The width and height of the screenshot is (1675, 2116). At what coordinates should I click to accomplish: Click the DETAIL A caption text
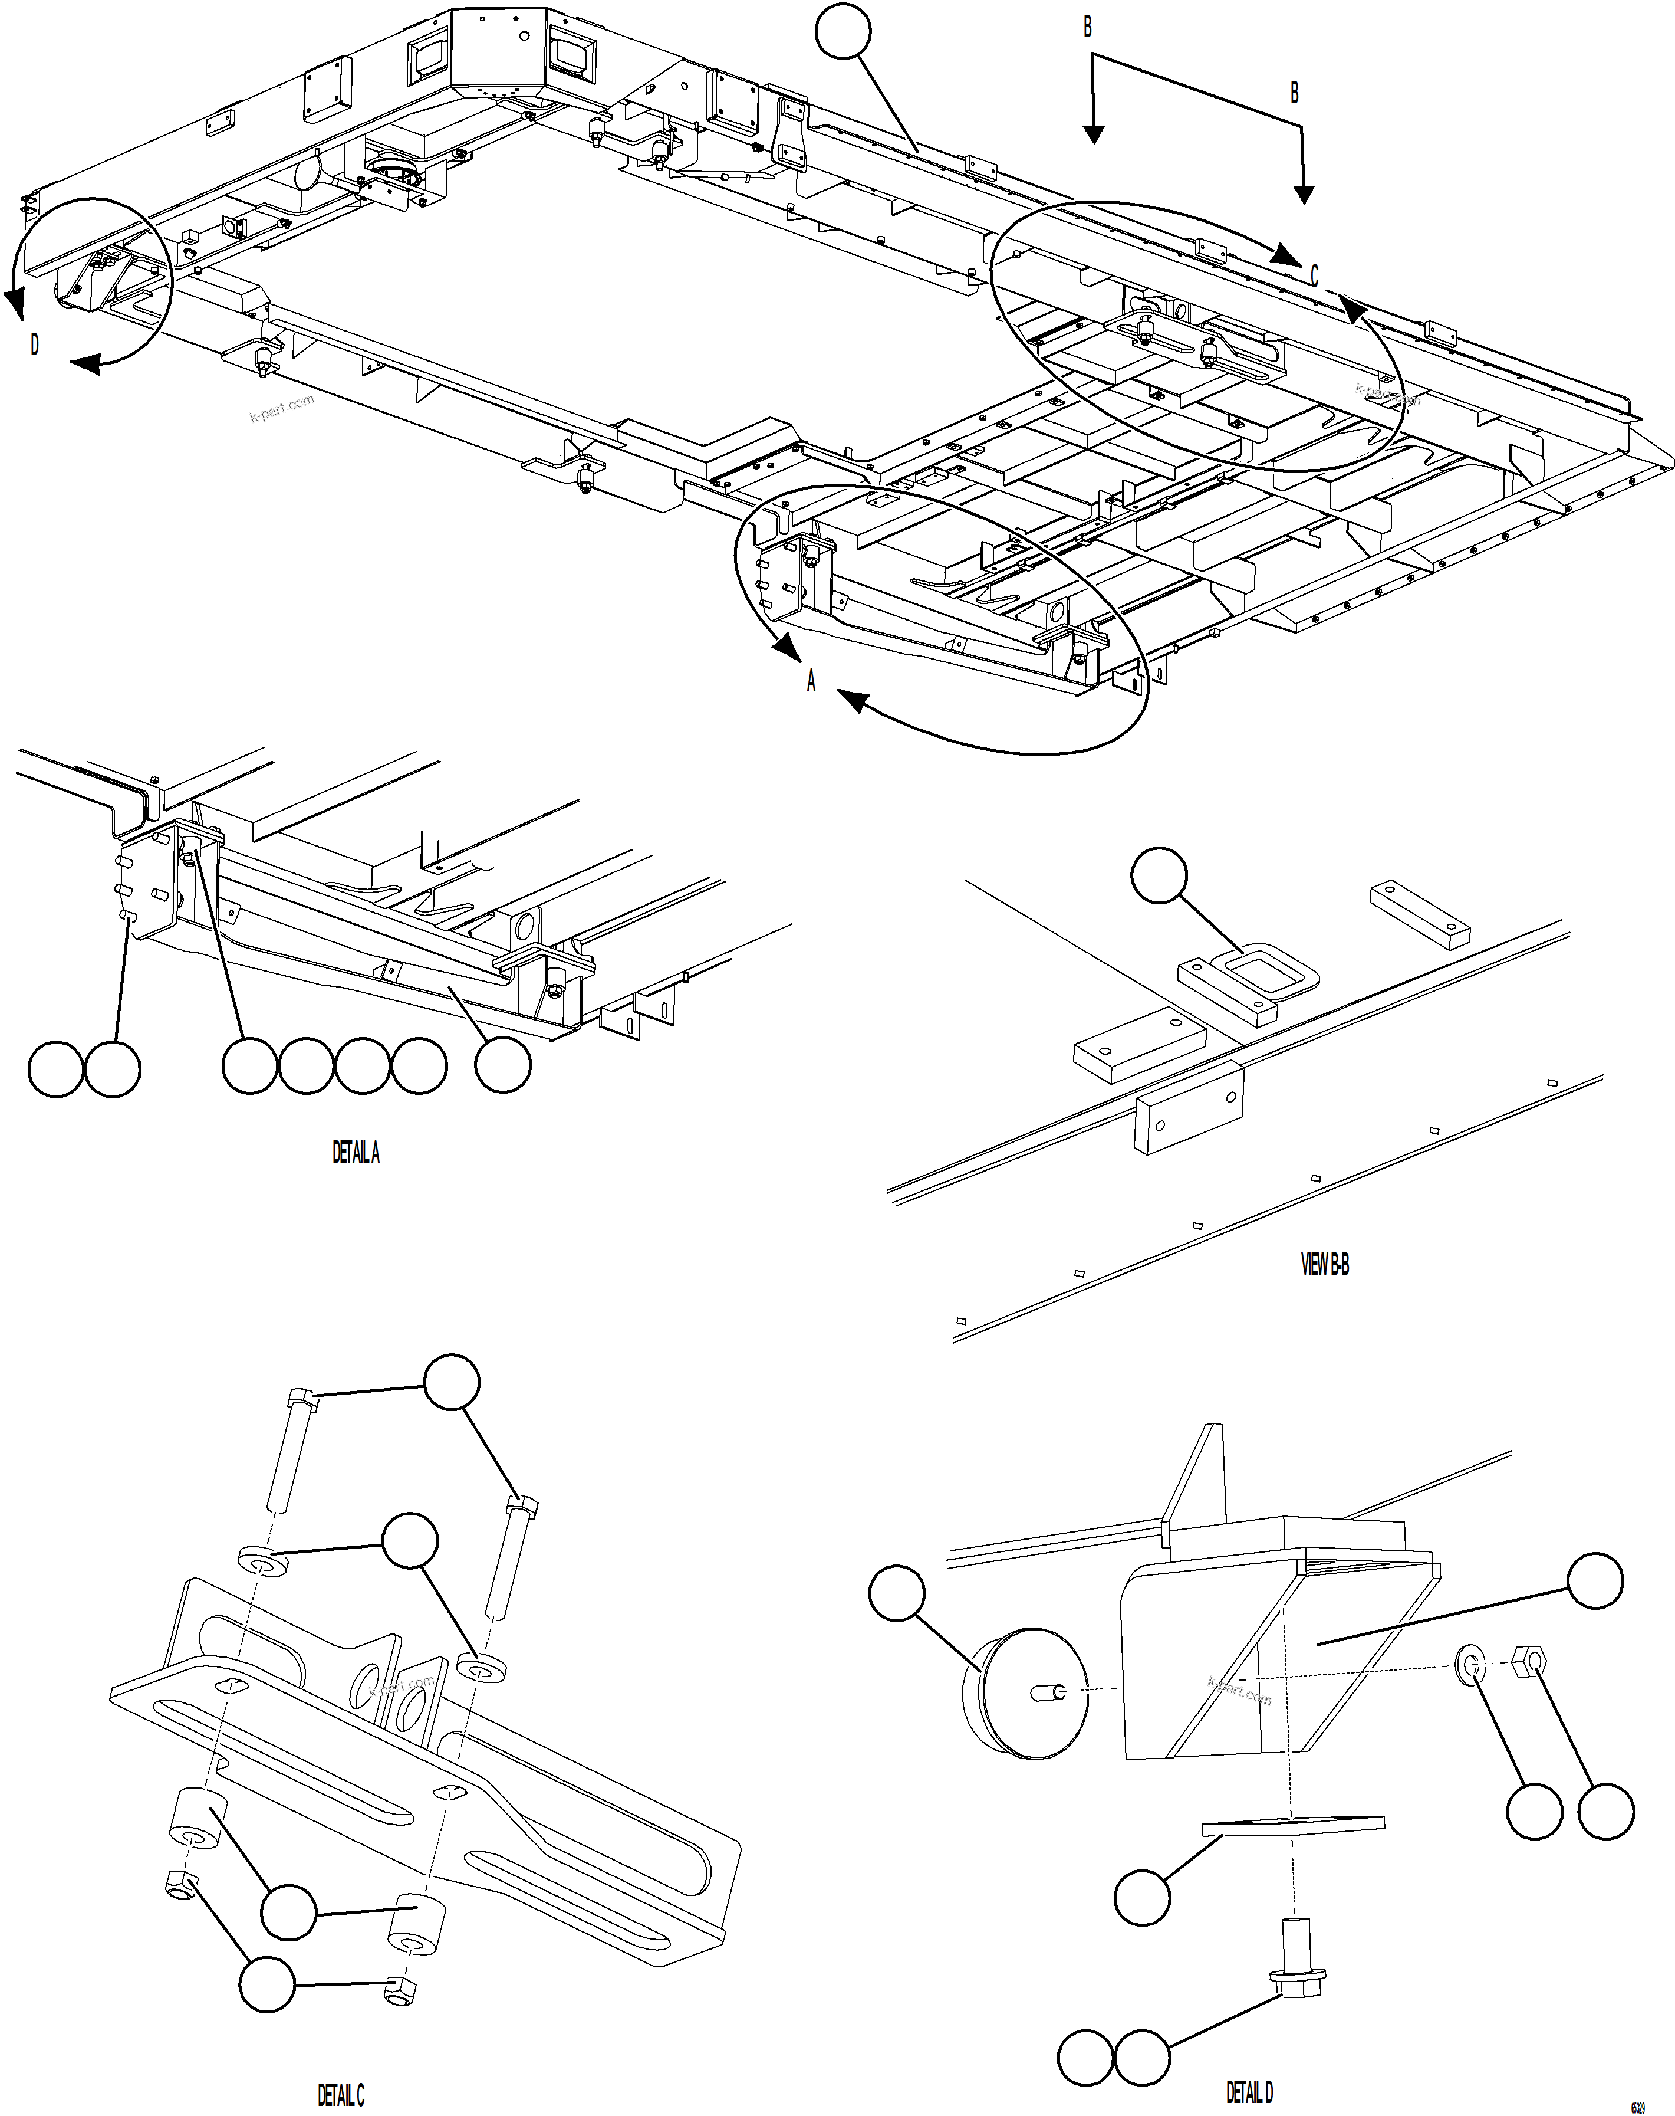[355, 1153]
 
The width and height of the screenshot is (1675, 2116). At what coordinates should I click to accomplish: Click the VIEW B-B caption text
[1324, 1265]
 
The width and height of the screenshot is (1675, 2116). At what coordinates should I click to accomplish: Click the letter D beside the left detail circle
[34, 345]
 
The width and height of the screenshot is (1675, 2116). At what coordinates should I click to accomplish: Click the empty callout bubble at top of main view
[843, 31]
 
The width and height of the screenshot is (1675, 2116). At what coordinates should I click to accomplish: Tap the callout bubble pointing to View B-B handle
[1159, 874]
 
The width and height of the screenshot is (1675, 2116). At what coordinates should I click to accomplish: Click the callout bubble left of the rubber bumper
[896, 1593]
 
